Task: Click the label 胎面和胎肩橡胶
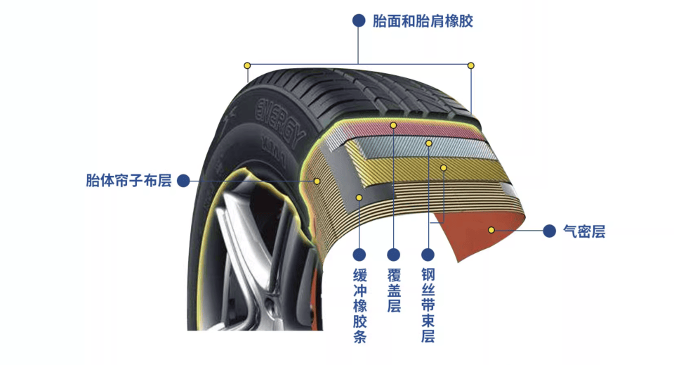(423, 21)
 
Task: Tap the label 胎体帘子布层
(128, 181)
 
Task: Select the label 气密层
(583, 231)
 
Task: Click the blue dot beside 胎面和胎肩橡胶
(359, 21)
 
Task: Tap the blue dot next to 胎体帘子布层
(183, 181)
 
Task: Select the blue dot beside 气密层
(550, 230)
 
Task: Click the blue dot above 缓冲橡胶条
(359, 254)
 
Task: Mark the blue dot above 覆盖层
(394, 254)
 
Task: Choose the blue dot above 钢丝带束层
(428, 254)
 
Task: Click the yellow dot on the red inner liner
(491, 229)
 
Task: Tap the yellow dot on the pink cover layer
(394, 125)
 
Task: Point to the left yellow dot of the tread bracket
(247, 65)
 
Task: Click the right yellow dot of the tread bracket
(471, 65)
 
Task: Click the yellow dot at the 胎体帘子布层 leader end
(317, 181)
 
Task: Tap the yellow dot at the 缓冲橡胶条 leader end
(359, 198)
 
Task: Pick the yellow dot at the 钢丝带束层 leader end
(428, 143)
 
